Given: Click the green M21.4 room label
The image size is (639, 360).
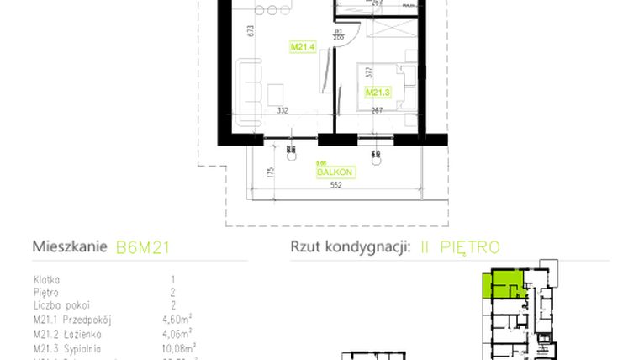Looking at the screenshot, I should [x=302, y=47].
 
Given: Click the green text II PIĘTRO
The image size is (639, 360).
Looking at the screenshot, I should [x=458, y=247].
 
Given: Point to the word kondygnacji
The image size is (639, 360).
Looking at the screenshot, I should [x=365, y=247].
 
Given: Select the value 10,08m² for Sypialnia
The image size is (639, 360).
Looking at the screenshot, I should [x=179, y=346].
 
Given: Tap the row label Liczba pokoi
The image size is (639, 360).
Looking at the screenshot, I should [x=62, y=305].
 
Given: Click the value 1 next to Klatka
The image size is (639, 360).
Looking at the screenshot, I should [x=172, y=278].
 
